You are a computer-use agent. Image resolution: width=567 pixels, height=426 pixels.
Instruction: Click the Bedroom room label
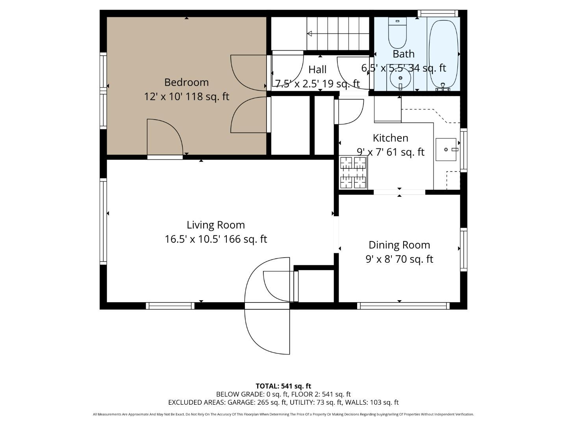point(186,82)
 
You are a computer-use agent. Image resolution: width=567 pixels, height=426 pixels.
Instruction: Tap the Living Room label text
point(215,225)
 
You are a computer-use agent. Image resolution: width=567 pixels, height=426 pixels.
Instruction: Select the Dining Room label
point(399,245)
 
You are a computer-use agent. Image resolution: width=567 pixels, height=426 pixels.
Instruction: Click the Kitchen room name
point(390,138)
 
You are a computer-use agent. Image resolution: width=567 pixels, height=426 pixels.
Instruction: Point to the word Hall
point(317,70)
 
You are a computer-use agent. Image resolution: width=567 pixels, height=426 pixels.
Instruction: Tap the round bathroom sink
point(400,78)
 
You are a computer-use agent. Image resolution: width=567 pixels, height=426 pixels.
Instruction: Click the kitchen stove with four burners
point(353,172)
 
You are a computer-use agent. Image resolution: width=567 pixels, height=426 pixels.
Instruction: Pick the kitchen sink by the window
point(446,149)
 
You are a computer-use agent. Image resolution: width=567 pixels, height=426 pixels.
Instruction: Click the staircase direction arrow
point(310,34)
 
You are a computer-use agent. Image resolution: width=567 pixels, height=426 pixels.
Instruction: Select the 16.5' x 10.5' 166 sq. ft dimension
point(215,239)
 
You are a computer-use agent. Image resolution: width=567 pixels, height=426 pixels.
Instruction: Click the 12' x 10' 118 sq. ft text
point(186,97)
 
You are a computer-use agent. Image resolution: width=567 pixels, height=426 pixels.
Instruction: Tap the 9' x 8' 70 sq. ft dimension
point(399,259)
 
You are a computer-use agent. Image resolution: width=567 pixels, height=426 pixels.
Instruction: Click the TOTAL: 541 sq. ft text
point(283,386)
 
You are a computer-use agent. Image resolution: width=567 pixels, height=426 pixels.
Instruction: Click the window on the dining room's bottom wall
point(403,306)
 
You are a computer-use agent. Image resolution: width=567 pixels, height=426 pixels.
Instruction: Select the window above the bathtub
point(437,13)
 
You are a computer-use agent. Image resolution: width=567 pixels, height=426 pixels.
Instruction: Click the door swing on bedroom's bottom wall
point(165,138)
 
